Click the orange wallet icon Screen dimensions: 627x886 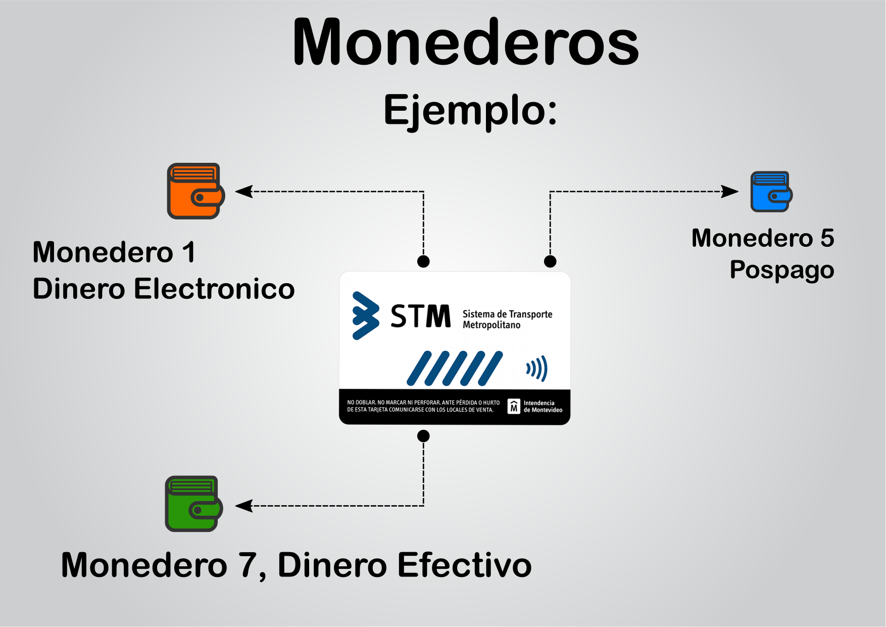coord(195,191)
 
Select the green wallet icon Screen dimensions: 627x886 coord(193,504)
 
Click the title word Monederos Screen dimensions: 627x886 coord(465,42)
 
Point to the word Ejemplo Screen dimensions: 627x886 coord(470,110)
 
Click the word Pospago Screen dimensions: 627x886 coord(781,270)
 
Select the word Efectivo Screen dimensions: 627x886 coord(464,565)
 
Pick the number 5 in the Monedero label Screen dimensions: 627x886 coord(827,238)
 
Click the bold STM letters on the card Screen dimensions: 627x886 coord(420,317)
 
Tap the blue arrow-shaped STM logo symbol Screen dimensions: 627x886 coord(365,316)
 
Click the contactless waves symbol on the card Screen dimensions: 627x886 coord(537,368)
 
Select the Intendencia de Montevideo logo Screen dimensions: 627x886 coord(514,406)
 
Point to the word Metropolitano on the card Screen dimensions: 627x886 coord(491,325)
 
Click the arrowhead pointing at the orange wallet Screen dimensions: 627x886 coord(244,192)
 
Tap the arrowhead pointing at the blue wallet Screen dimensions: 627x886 coord(730,192)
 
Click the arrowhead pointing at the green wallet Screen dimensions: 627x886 coord(244,506)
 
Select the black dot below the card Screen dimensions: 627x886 coord(423,436)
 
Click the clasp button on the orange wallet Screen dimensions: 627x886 coord(200,197)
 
